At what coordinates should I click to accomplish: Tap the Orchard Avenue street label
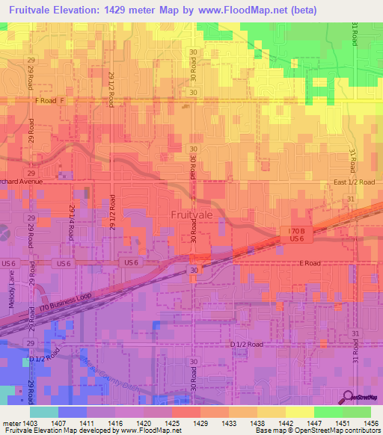tap(22, 181)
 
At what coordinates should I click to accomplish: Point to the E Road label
tap(310, 263)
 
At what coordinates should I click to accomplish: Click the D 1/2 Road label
tap(247, 344)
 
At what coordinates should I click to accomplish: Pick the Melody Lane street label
tap(12, 286)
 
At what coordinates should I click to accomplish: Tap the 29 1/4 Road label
tap(73, 222)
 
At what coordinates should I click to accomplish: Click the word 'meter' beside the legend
tap(10, 422)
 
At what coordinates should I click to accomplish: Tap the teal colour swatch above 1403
tap(44, 412)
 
